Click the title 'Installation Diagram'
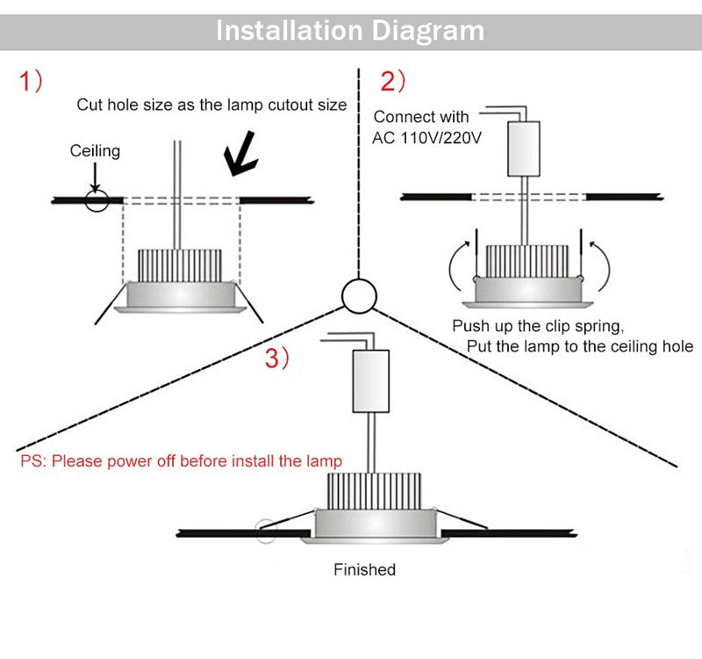point(350,30)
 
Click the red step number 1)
point(32,82)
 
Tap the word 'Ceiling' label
point(95,151)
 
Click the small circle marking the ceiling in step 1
point(97,200)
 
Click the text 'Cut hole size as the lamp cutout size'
point(211,105)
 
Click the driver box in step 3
point(369,380)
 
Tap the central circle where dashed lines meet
point(359,296)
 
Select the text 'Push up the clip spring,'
point(538,326)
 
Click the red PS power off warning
point(181,460)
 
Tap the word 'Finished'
point(364,569)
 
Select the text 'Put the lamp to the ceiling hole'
point(579,346)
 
